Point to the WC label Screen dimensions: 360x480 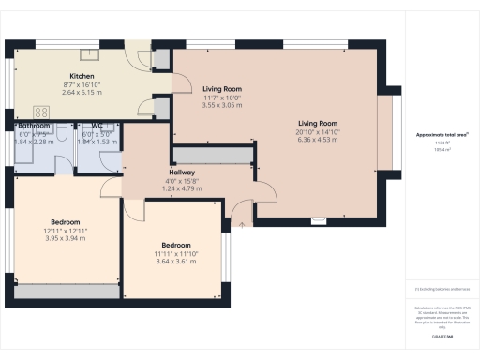(x=97, y=126)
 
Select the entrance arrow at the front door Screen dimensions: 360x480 (x=243, y=223)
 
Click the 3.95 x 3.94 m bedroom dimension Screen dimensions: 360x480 (x=65, y=238)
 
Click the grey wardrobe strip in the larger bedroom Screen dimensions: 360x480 (x=66, y=292)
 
